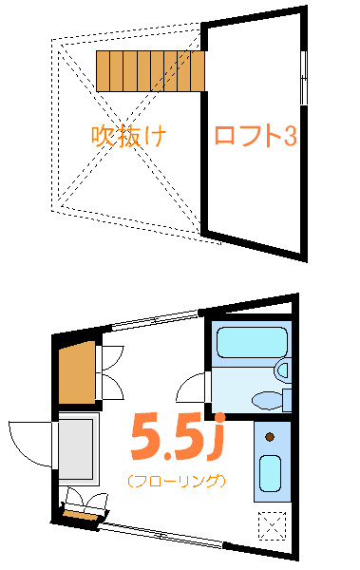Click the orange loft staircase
coord(150,70)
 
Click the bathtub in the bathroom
coord(252,343)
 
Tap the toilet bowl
coord(270,399)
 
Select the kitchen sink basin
coord(270,471)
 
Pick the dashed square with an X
coord(273,523)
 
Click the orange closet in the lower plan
coord(76,370)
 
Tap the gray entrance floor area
coord(76,447)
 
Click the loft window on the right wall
coord(303,76)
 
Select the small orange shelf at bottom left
coord(80,515)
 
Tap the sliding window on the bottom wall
coord(161,534)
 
